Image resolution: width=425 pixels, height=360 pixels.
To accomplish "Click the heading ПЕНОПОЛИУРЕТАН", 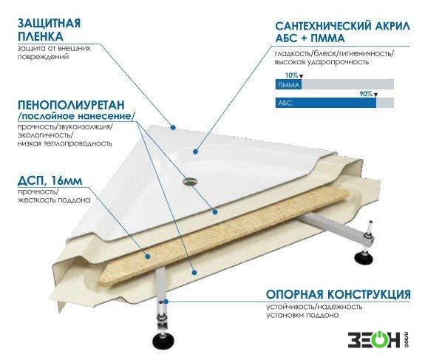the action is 71,105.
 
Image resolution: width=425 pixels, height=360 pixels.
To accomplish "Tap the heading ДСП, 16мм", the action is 50,180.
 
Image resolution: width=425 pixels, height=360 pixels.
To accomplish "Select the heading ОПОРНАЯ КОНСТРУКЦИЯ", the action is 338,294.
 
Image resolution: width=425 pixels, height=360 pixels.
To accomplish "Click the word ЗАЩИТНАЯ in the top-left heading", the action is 49,24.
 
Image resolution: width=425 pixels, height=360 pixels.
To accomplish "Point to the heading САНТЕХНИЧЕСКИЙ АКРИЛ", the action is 343,27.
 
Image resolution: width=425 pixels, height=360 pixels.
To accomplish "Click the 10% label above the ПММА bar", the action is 291,75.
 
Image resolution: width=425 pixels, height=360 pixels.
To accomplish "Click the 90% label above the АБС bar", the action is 366,94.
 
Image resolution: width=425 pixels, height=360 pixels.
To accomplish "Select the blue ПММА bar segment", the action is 288,84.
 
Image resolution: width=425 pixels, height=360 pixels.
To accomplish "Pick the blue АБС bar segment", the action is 325,103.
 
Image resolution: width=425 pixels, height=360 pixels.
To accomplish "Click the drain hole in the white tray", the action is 190,181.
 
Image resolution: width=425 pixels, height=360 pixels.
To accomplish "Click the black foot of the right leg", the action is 365,257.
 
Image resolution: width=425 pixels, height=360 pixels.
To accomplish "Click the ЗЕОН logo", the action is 378,339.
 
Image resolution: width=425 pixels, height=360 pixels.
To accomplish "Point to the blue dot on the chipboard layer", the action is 148,256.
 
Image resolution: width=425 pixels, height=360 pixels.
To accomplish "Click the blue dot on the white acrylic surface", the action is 196,152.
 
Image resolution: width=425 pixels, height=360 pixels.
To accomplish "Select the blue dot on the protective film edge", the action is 173,127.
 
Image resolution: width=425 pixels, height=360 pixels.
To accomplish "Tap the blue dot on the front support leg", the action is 166,302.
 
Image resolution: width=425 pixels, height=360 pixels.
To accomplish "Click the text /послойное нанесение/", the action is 76,116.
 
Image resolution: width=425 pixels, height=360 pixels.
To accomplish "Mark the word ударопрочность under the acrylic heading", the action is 338,62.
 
